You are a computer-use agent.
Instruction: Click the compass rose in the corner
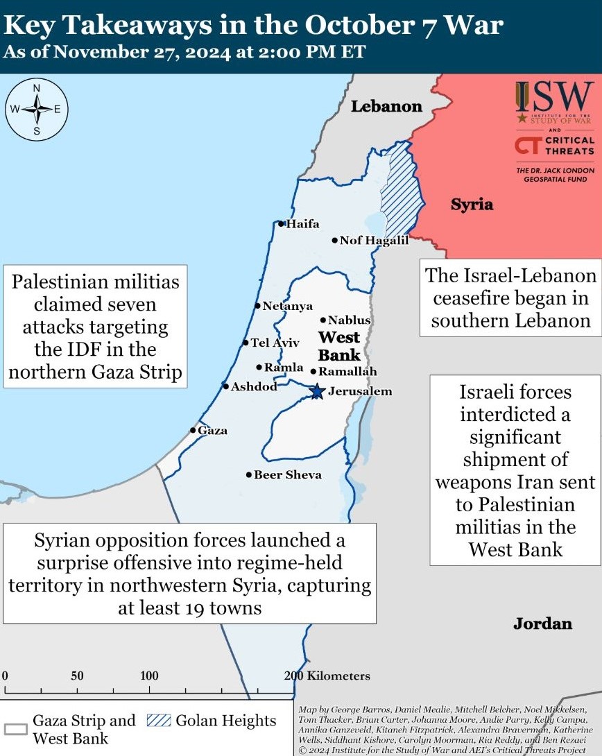(37, 109)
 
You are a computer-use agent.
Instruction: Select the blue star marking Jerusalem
(317, 391)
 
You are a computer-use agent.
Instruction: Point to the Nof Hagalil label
(374, 241)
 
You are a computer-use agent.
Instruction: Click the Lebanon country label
(386, 106)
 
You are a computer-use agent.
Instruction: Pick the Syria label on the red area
(472, 205)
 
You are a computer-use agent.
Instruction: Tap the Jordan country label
(542, 624)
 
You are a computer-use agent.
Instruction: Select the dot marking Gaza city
(193, 430)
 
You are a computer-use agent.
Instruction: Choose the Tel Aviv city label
(275, 343)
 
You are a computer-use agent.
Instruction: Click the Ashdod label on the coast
(254, 386)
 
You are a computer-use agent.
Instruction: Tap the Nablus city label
(350, 320)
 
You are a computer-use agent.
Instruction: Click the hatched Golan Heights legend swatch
(159, 721)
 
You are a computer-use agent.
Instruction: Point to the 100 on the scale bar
(149, 676)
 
